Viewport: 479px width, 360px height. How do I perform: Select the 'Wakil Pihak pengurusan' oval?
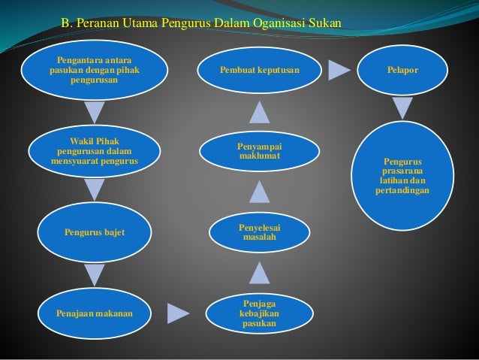pos(94,150)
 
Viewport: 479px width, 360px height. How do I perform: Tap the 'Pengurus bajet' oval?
pos(94,233)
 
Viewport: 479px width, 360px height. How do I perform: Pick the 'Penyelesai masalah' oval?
pos(259,233)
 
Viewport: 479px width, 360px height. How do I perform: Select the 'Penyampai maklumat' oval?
pos(259,150)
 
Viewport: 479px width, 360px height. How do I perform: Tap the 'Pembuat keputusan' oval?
pos(259,70)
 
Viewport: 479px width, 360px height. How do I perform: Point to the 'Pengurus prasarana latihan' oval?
pos(402,176)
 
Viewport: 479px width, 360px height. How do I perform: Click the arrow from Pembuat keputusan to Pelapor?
pos(339,70)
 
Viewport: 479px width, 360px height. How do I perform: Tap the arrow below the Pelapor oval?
pos(402,110)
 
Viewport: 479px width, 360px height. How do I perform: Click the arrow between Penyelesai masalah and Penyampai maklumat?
pos(259,192)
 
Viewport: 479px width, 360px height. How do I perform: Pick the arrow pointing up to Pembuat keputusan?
pos(259,112)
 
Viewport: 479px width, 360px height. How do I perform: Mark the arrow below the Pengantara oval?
pos(95,113)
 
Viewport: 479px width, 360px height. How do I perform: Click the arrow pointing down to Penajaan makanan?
pos(95,275)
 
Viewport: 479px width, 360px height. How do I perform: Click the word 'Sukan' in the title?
pos(325,23)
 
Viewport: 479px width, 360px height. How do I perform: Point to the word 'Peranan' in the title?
pos(96,23)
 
